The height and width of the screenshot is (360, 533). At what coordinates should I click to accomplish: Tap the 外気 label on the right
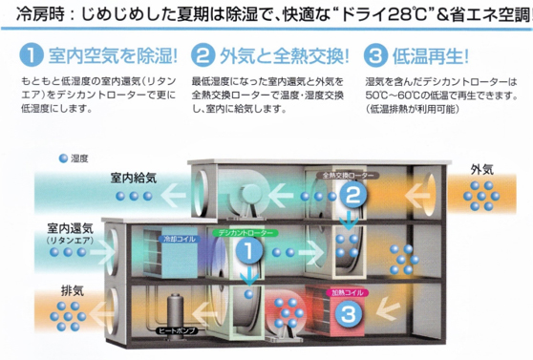click(481, 170)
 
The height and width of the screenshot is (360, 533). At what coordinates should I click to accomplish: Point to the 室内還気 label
click(68, 230)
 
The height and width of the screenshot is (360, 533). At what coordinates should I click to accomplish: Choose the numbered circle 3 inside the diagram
click(350, 311)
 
